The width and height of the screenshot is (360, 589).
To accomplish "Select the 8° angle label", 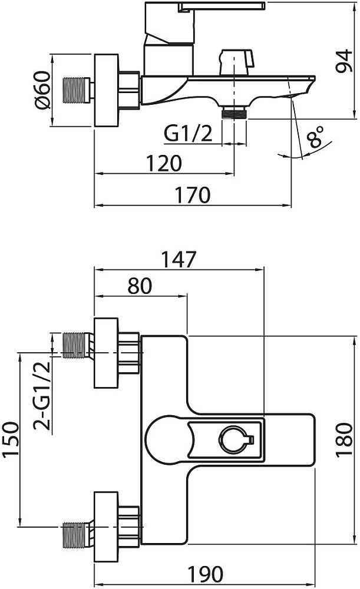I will pyautogui.click(x=316, y=137).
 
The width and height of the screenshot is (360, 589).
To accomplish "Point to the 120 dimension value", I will pyautogui.click(x=163, y=163).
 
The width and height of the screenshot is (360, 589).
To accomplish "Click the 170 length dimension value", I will pyautogui.click(x=192, y=194).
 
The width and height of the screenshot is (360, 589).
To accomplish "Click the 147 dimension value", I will pyautogui.click(x=179, y=259).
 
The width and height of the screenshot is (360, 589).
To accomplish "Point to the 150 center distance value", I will pyautogui.click(x=9, y=438).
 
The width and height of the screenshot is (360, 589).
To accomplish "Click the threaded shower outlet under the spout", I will pyautogui.click(x=234, y=111).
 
